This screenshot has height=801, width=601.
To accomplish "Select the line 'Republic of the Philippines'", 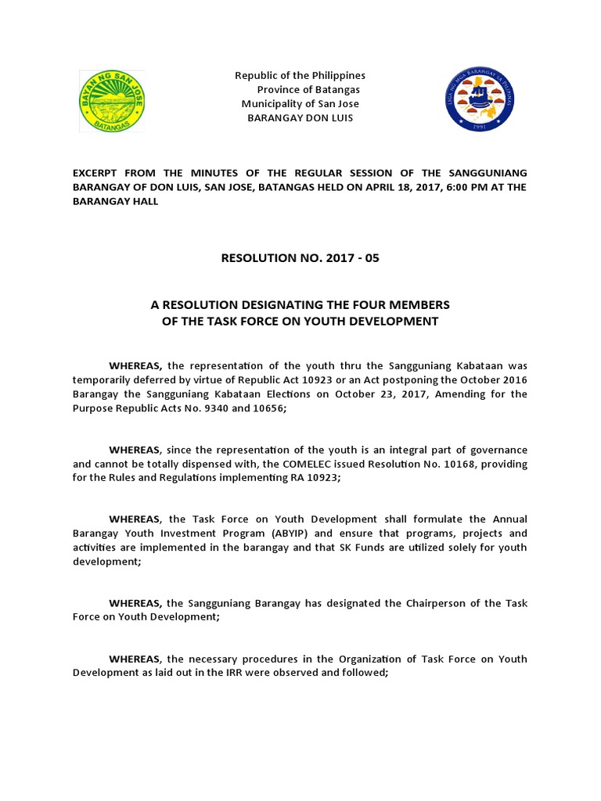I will (x=300, y=75).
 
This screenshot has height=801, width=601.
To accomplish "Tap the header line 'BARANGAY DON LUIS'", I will (x=300, y=117).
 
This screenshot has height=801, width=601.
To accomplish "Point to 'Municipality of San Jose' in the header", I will (x=300, y=103).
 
